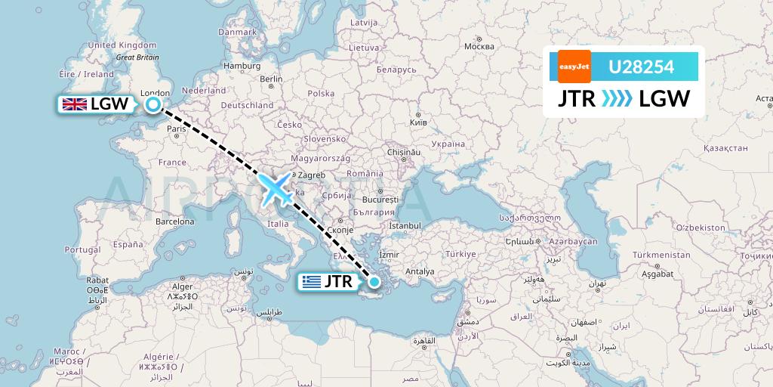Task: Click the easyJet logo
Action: (x=574, y=67)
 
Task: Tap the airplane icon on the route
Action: (x=276, y=190)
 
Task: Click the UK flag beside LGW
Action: (x=74, y=105)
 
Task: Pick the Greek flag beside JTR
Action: (x=310, y=283)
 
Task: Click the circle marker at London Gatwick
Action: (x=153, y=105)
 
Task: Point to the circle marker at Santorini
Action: (x=374, y=282)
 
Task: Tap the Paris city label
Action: (x=177, y=128)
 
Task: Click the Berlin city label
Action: (x=270, y=79)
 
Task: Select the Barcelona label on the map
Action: (x=174, y=222)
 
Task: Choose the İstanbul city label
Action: (x=405, y=225)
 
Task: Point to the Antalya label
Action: (x=420, y=271)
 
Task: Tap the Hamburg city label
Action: (x=242, y=66)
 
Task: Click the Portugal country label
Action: (x=82, y=249)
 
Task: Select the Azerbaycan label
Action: (x=574, y=241)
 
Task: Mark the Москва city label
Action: (x=479, y=46)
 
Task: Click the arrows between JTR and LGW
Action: (x=617, y=99)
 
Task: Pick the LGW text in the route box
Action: (x=664, y=99)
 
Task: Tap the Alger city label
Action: (x=183, y=286)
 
